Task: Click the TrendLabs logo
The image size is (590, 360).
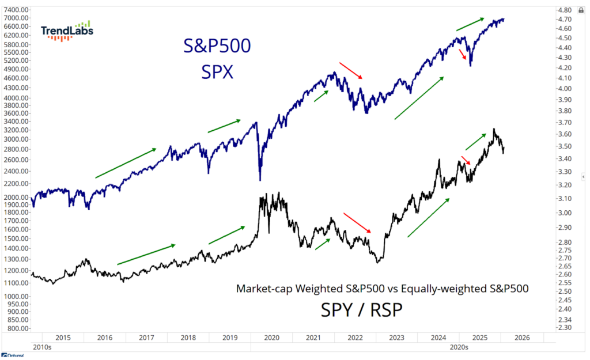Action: (67, 31)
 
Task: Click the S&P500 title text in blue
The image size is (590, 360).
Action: (217, 46)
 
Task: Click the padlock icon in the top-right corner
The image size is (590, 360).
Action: (581, 10)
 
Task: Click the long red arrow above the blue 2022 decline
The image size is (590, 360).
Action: (350, 70)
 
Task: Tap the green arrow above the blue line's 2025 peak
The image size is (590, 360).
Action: (470, 24)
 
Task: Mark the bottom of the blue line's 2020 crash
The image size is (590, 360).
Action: (260, 179)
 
